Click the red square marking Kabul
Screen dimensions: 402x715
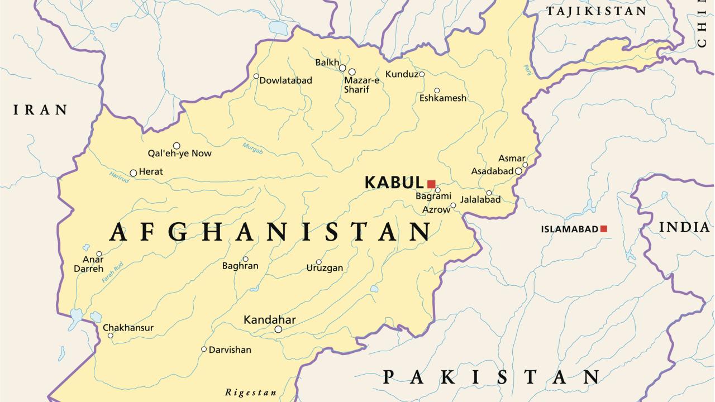click(x=431, y=184)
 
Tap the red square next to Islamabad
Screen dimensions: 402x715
click(x=603, y=229)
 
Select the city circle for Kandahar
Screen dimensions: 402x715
click(x=278, y=329)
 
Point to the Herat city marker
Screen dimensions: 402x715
click(x=133, y=173)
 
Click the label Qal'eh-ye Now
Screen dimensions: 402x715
click(x=179, y=154)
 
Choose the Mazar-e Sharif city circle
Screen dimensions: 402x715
click(x=352, y=71)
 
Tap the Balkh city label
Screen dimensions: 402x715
click(x=327, y=63)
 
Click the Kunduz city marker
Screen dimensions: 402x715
click(x=422, y=74)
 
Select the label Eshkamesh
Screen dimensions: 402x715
click(x=442, y=98)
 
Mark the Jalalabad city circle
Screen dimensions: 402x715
click(x=489, y=193)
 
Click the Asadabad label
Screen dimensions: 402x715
click(x=492, y=171)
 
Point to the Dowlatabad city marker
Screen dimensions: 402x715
click(x=256, y=76)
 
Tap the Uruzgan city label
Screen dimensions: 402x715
click(x=325, y=268)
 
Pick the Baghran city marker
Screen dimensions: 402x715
click(x=245, y=259)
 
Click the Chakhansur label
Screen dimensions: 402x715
click(x=128, y=328)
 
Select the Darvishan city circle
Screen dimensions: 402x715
click(x=204, y=349)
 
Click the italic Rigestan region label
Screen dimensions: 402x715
click(x=251, y=393)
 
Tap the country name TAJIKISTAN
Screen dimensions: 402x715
click(x=596, y=11)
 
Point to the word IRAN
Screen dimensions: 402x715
click(x=40, y=110)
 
